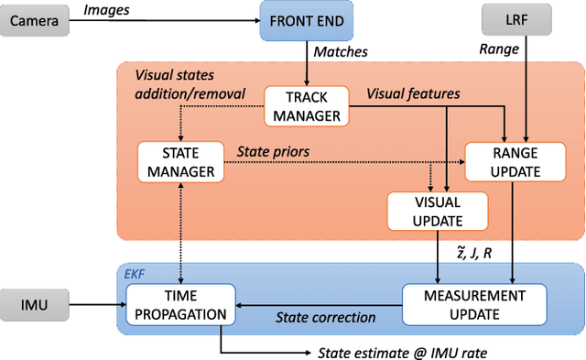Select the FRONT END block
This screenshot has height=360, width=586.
(304, 20)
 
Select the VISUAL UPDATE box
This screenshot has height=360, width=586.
(427, 212)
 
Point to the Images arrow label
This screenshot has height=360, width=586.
(106, 11)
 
